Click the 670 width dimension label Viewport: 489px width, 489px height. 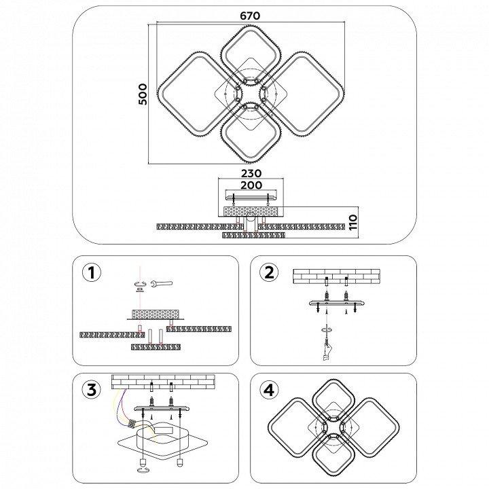coord(250,16)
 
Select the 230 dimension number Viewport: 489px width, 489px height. coord(251,173)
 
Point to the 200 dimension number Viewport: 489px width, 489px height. coord(251,185)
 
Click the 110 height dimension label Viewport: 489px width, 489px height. coord(352,222)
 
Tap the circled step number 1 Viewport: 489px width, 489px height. coord(91,272)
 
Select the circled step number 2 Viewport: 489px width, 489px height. coord(269,272)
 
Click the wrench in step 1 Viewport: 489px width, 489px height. coord(162,283)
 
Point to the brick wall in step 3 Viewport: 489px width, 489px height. coord(163,380)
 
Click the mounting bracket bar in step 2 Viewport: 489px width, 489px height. coord(336,305)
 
